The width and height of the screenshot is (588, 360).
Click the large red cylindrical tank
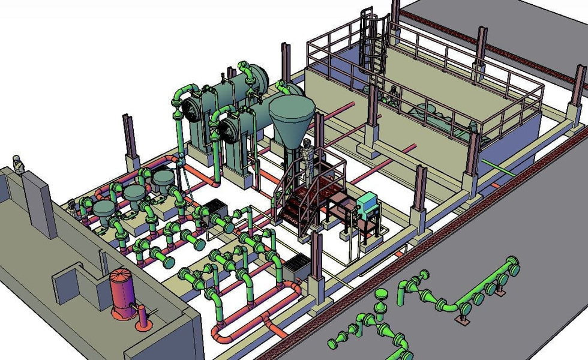tap(123, 292)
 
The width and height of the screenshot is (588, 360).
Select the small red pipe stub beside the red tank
tap(143, 317)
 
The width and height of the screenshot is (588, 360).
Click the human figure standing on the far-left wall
tap(19, 163)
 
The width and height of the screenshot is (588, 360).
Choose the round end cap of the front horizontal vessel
tap(228, 128)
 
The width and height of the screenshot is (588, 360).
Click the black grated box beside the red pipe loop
tap(296, 266)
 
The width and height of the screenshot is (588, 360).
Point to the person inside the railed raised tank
tap(393, 95)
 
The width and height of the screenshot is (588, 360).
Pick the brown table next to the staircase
tap(339, 207)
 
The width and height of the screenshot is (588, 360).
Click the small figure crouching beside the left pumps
tap(73, 207)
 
